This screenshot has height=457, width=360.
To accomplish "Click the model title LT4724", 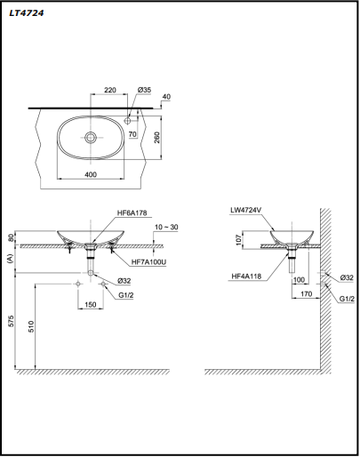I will (28, 12).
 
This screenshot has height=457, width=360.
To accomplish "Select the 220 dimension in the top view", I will (110, 91).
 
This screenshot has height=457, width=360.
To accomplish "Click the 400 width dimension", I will (92, 174).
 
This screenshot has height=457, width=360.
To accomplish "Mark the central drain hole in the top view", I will (92, 138).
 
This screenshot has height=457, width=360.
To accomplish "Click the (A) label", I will (11, 259).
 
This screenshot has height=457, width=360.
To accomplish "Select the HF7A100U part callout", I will (149, 262).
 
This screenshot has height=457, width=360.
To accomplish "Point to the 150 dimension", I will (91, 304).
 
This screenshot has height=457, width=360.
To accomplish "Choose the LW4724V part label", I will (247, 212).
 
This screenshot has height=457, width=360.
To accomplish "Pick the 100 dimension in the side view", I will (300, 279).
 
